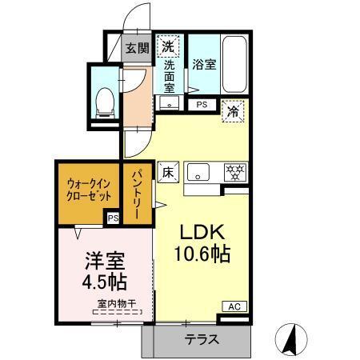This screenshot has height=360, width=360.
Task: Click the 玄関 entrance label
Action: click(x=137, y=48)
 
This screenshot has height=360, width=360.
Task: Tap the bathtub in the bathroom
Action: click(x=234, y=65)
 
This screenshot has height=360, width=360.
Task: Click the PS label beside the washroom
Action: click(x=202, y=104)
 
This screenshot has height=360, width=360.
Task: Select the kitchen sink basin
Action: click(x=199, y=171)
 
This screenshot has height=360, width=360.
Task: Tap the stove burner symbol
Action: click(x=235, y=171)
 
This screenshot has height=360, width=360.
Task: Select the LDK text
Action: click(x=204, y=233)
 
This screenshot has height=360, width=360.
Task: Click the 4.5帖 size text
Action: click(x=105, y=282)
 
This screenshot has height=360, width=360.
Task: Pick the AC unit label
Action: click(x=235, y=306)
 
